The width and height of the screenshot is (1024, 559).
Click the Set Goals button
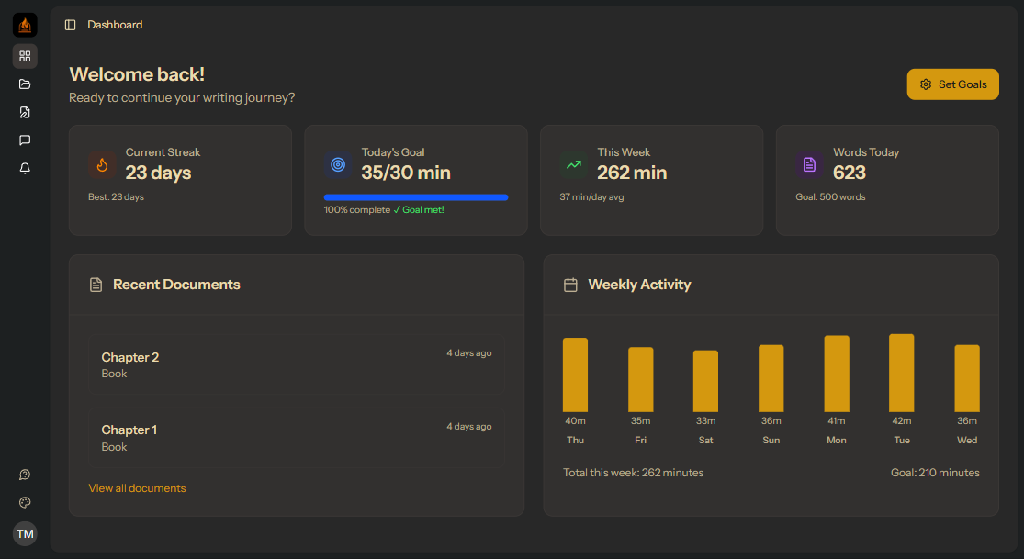[x=952, y=84]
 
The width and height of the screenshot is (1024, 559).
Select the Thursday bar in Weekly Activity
[x=575, y=375]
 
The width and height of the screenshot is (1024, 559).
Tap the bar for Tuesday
[x=902, y=373]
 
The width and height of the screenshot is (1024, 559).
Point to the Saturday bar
[x=705, y=381]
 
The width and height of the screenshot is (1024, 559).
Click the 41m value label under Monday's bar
[x=836, y=421]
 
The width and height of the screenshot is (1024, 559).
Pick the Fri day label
[x=640, y=441]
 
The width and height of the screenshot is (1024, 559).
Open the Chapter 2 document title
[x=130, y=357]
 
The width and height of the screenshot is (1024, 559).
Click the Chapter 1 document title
[x=129, y=430]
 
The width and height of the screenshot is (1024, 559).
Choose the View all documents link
[x=137, y=488]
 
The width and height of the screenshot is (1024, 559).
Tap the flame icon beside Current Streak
[x=102, y=165]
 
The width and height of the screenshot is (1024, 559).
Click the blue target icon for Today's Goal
[x=338, y=165]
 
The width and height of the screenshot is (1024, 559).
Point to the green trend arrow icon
[x=574, y=165]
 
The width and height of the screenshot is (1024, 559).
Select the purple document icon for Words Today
[x=809, y=165]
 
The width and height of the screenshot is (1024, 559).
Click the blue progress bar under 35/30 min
[x=416, y=197]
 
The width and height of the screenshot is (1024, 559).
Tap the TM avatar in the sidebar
[x=25, y=533]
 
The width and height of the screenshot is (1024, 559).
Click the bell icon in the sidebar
[x=25, y=168]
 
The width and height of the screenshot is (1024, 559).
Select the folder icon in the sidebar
[x=25, y=84]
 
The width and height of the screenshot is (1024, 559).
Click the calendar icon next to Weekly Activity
[x=570, y=285]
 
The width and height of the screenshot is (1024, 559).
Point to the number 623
[x=850, y=173]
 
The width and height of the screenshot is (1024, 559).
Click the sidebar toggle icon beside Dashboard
[x=71, y=25]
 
